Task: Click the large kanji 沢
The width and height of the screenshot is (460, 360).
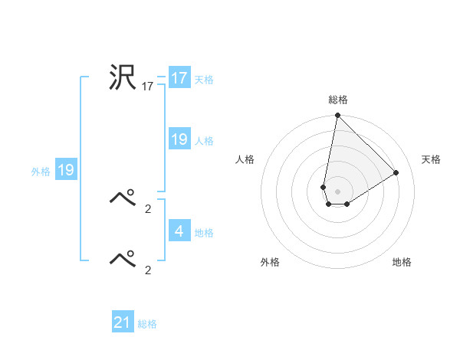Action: point(123,78)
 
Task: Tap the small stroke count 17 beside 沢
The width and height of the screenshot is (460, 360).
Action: point(148,87)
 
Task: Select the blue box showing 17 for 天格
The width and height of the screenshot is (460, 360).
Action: point(179,78)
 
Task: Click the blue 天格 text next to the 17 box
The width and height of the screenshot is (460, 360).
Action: point(204,79)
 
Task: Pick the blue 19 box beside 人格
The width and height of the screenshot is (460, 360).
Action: point(179,139)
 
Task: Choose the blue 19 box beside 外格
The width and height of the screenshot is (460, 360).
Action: point(65,170)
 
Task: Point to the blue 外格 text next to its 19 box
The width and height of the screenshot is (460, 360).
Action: point(41,172)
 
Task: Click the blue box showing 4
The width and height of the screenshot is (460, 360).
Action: point(179,231)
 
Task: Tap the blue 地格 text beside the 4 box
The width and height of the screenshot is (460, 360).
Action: point(204,232)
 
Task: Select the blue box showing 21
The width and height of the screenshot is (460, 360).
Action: point(123,322)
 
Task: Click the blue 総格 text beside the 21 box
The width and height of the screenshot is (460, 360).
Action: point(147,324)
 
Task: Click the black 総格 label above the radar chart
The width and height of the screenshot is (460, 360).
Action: point(337,100)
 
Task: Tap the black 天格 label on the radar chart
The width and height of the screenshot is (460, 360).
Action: point(431,159)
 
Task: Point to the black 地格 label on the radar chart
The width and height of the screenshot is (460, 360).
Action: point(402,262)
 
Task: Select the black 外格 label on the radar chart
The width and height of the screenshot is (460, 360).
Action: point(270,262)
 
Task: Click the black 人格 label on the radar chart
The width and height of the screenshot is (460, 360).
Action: point(245,159)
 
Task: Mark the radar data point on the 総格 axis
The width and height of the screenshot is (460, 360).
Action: point(337,116)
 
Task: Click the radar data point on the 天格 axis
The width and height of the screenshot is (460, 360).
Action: point(396,172)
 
